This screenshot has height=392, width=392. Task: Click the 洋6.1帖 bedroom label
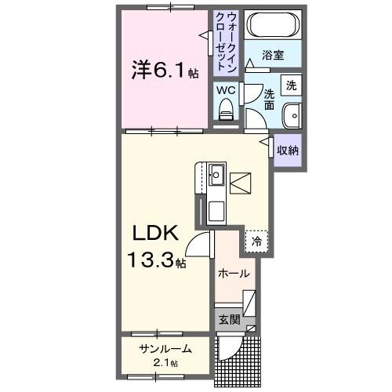coord(164,71)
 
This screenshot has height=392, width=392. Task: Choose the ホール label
coord(234,274)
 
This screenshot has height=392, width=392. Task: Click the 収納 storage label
coord(287,148)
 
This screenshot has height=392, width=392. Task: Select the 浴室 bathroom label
coord(273,56)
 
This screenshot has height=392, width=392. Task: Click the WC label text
coord(226,90)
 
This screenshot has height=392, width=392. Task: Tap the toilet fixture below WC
coord(227,113)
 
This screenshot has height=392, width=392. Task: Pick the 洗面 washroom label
coord(269,99)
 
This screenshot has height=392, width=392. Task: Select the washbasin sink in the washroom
coord(292,114)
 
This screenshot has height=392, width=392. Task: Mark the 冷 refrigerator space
coord(257,242)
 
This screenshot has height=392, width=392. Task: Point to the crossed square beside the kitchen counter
coord(241,183)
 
